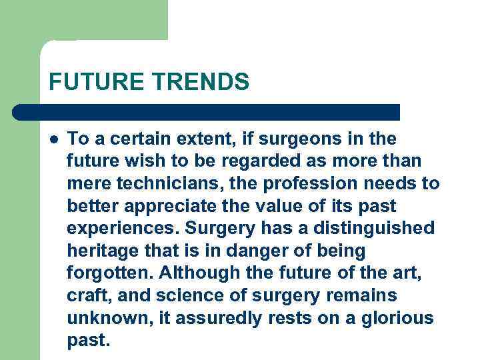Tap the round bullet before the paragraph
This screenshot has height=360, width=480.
pos(53,140)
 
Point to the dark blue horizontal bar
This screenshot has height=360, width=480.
pos(207,112)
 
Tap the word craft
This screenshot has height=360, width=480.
pos(85,296)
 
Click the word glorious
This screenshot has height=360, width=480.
pos(396,318)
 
